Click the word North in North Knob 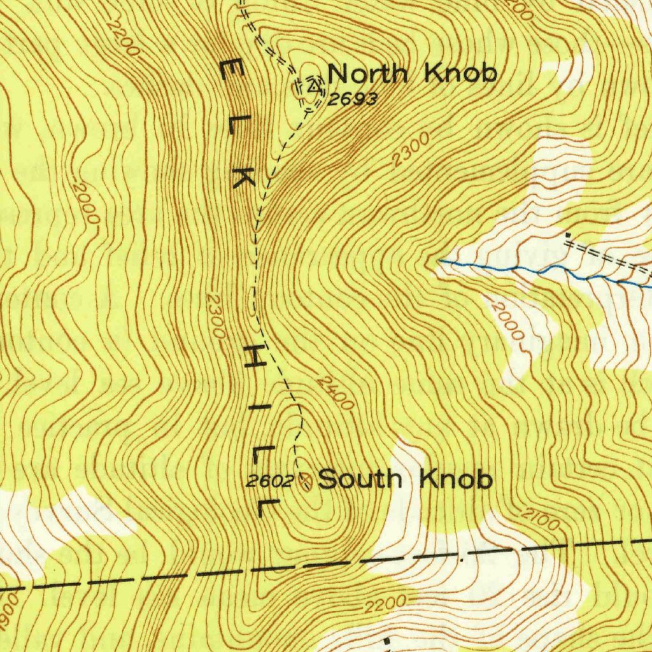[x=367, y=74]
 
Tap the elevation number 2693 [x=353, y=99]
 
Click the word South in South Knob [x=356, y=479]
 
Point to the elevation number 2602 [x=269, y=481]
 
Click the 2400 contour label [x=334, y=393]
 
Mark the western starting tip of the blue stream [x=439, y=260]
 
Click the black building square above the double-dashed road [x=567, y=235]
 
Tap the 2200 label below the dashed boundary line [x=386, y=604]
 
